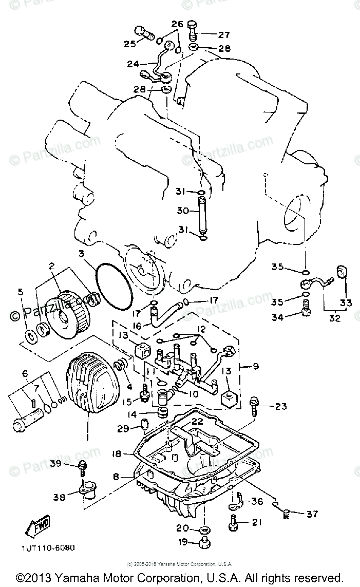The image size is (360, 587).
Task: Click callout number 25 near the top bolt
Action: tap(129, 44)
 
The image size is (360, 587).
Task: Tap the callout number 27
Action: tap(224, 35)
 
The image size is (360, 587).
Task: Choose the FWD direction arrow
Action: tap(35, 526)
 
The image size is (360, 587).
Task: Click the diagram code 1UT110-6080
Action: tap(48, 547)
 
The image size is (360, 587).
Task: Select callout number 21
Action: tap(256, 522)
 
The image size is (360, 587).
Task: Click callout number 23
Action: tap(280, 406)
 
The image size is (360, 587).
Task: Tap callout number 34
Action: tap(277, 317)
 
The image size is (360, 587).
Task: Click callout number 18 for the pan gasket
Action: tap(117, 453)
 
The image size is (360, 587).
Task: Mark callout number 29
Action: tap(122, 428)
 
